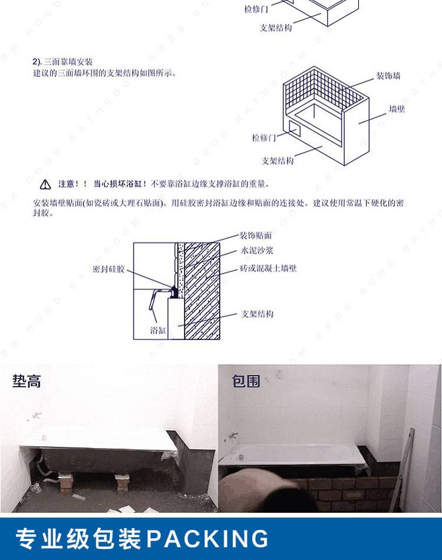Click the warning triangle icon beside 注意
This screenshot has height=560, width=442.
pyautogui.click(x=45, y=185)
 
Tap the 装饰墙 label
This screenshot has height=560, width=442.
pyautogui.click(x=388, y=75)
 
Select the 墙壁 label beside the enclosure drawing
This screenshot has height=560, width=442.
pyautogui.click(x=397, y=108)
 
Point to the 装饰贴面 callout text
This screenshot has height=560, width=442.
pyautogui.click(x=256, y=235)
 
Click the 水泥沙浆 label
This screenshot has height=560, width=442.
pyautogui.click(x=257, y=251)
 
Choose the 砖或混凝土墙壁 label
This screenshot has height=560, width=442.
pyautogui.click(x=268, y=268)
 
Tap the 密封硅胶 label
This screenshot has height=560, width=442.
pyautogui.click(x=108, y=269)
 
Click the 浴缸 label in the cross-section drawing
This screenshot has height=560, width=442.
pyautogui.click(x=158, y=330)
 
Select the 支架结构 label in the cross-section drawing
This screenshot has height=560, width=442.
pyautogui.click(x=257, y=314)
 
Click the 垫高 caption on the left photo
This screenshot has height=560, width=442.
pyautogui.click(x=27, y=381)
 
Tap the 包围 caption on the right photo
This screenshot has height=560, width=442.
pyautogui.click(x=246, y=381)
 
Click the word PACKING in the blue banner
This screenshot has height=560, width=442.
pyautogui.click(x=207, y=539)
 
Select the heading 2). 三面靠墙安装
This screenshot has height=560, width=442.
pyautogui.click(x=62, y=62)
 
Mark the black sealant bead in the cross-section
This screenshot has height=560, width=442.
pyautogui.click(x=174, y=291)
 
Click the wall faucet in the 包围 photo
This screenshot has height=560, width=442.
pyautogui.click(x=233, y=436)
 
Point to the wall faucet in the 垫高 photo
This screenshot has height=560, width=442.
pyautogui.click(x=36, y=416)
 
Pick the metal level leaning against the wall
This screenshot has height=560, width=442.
pyautogui.click(x=402, y=469)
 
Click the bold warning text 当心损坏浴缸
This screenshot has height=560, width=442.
pyautogui.click(x=120, y=184)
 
